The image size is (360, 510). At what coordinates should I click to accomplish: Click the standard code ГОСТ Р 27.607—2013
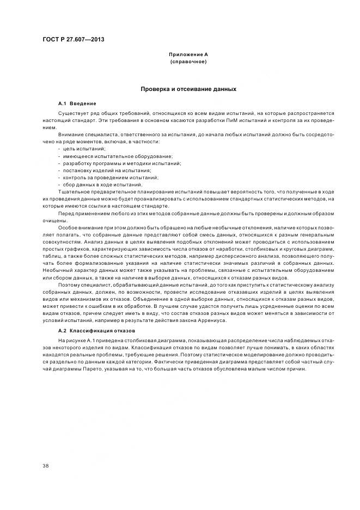[x=73, y=39]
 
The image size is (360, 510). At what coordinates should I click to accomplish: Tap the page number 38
[x=45, y=465]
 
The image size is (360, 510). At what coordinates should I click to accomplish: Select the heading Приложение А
[x=188, y=54]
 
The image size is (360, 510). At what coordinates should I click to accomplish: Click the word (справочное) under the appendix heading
[x=188, y=62]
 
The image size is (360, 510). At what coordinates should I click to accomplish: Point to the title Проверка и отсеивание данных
[x=188, y=88]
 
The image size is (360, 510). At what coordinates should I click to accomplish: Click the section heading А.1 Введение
[x=77, y=103]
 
